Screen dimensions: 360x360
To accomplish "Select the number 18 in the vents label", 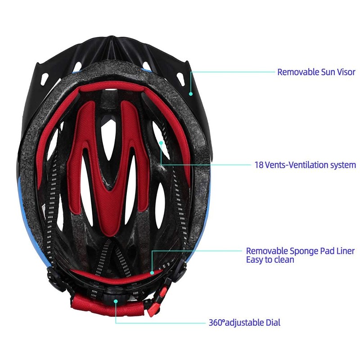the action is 258,165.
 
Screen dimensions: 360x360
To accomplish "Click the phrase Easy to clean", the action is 270,260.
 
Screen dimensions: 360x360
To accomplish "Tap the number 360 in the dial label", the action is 216,323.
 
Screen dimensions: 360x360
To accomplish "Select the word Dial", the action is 272,323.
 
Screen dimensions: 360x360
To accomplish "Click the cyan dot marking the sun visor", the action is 191,94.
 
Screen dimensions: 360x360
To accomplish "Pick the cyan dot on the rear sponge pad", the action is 152,272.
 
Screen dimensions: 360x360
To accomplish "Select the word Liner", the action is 344,251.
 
